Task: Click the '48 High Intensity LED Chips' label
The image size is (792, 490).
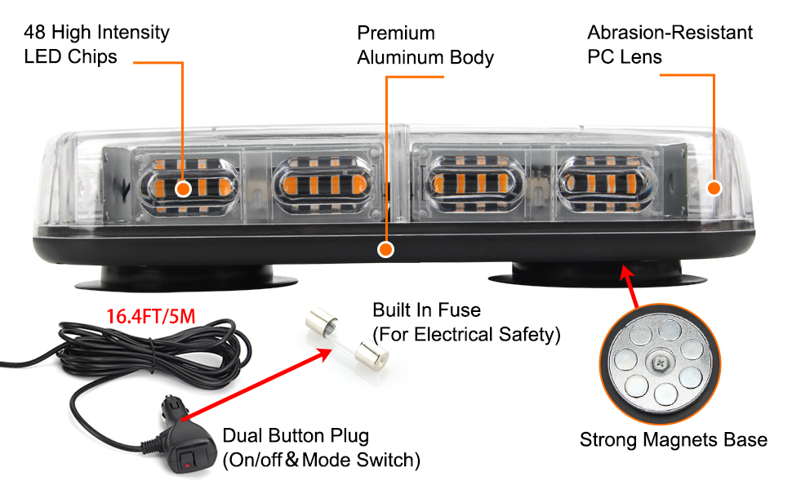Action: [96, 45]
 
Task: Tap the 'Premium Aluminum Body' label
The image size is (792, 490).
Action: [425, 45]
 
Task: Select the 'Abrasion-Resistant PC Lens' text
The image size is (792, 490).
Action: [670, 45]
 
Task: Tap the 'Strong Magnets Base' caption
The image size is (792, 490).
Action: [673, 440]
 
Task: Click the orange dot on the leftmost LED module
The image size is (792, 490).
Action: [183, 189]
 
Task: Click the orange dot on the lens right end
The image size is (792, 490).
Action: [714, 188]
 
